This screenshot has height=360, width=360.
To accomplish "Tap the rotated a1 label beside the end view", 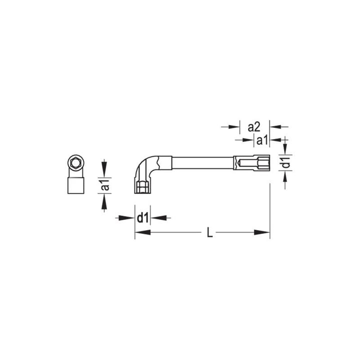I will pyautogui.click(x=104, y=184).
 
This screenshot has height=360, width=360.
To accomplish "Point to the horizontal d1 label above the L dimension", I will pyautogui.click(x=143, y=217).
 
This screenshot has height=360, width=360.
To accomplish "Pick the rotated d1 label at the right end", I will pyautogui.click(x=284, y=162).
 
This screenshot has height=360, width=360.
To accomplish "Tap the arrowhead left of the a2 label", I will pyautogui.click(x=232, y=127).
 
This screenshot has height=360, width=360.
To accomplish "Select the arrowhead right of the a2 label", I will pyautogui.click(x=275, y=127).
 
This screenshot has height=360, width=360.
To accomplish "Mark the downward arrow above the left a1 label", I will pyautogui.click(x=104, y=167).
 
